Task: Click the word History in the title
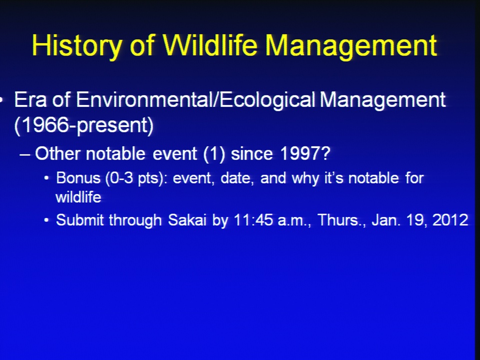click(76, 46)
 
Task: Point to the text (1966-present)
click(84, 125)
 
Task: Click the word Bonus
click(78, 178)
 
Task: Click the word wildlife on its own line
click(78, 197)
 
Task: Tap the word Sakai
click(187, 220)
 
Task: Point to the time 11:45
click(253, 220)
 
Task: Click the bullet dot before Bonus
click(46, 178)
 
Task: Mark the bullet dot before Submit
click(46, 220)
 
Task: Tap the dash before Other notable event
click(25, 154)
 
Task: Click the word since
click(251, 153)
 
